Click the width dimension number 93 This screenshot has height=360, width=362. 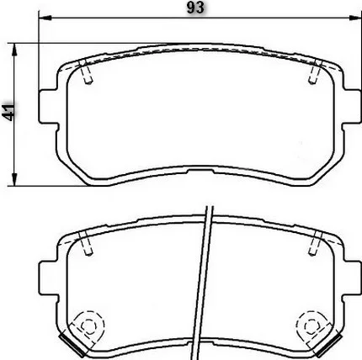(195, 8)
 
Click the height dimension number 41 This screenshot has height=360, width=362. (8, 112)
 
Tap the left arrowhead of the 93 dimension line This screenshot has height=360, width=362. (45, 18)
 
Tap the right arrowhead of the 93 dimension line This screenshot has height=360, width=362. (354, 18)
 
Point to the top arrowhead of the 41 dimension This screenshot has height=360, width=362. (14, 50)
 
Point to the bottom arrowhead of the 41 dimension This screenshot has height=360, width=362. (14, 179)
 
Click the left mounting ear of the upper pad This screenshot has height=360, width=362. (49, 107)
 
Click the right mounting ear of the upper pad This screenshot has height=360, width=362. (351, 107)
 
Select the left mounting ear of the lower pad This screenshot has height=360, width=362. (49, 278)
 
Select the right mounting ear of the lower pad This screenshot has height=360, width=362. (351, 278)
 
